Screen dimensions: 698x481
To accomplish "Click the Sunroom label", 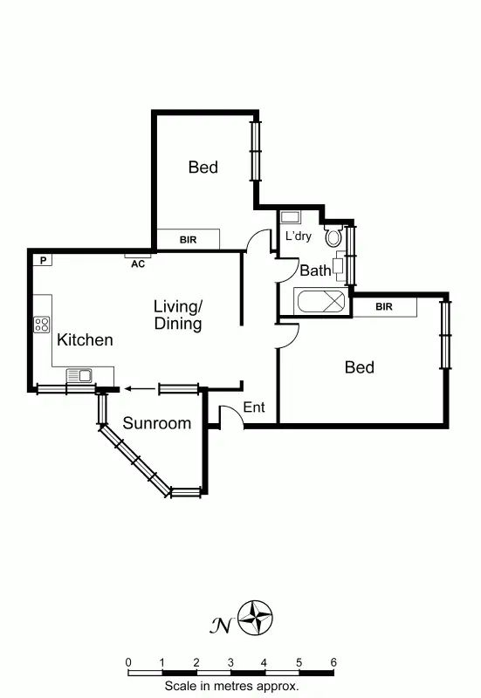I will [156, 424].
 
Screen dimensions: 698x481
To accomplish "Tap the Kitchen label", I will [85, 339].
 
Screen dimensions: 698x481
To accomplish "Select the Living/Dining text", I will [178, 315].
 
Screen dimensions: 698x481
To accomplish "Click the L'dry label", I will [299, 236].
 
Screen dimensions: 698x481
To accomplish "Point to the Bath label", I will [315, 270].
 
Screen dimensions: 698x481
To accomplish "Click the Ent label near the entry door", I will [254, 407].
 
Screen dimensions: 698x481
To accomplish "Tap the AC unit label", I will [137, 263].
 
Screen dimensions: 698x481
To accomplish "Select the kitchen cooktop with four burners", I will [42, 325].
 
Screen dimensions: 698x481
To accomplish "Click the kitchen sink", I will [79, 375].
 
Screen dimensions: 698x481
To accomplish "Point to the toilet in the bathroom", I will [333, 236].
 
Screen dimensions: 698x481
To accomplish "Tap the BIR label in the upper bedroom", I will [188, 239].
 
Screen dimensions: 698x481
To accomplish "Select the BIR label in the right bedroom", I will [384, 307].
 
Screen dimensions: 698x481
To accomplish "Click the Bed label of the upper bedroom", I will [203, 167].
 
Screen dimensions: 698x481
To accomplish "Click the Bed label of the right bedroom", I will [359, 367].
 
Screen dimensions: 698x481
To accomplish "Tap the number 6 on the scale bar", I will [333, 662].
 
